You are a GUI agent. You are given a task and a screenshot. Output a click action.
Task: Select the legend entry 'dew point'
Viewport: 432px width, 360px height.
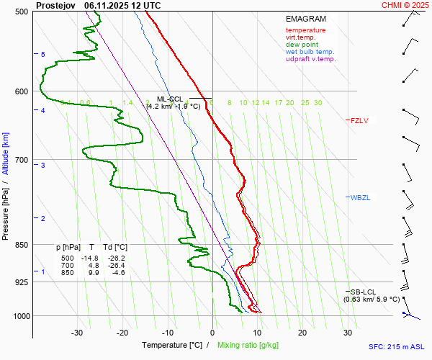click(x=302, y=45)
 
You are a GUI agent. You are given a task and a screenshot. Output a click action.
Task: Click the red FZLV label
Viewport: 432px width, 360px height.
click(x=359, y=120)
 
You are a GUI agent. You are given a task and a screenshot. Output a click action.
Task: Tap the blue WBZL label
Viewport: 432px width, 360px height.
click(x=359, y=197)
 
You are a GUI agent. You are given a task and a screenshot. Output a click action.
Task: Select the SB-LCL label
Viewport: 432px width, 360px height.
click(x=360, y=292)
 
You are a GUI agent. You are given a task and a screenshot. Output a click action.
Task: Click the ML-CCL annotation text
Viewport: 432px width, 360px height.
click(x=171, y=99)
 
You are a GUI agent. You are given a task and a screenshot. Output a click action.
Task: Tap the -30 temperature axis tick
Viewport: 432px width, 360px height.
click(x=77, y=333)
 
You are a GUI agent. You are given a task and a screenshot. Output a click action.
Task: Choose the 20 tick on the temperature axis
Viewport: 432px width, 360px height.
click(x=302, y=333)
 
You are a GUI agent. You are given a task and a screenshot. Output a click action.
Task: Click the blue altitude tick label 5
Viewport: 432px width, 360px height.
click(x=43, y=55)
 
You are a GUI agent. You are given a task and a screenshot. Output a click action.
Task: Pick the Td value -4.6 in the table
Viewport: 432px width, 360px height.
click(x=117, y=273)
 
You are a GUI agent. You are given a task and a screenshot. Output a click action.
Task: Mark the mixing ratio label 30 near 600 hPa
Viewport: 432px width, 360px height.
click(x=318, y=103)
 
